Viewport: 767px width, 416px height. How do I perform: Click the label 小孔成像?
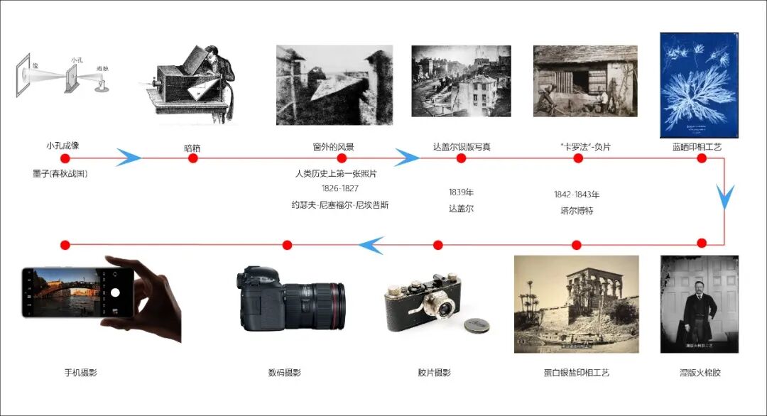click(x=62, y=146)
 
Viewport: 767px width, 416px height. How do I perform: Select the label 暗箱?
click(x=192, y=148)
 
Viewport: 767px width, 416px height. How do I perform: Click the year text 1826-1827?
click(x=339, y=189)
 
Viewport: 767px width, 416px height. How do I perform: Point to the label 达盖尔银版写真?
click(x=462, y=147)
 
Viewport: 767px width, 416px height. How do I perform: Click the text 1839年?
click(x=461, y=192)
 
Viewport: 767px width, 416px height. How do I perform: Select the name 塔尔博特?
click(x=577, y=211)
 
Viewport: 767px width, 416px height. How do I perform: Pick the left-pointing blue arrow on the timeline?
click(x=371, y=245)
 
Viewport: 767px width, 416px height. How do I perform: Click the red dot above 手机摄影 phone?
click(x=65, y=245)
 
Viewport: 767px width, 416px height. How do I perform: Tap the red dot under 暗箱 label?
click(x=192, y=158)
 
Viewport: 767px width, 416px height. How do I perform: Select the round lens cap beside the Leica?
click(x=477, y=325)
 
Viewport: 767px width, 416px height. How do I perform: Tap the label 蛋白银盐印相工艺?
click(x=576, y=373)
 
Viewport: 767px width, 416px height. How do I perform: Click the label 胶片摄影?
click(x=434, y=373)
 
